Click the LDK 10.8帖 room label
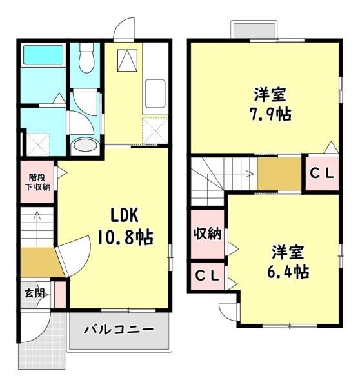coord(125,226)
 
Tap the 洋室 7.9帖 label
coord(270,104)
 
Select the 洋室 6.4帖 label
coord(288,262)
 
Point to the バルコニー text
coord(118,329)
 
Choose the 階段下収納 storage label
coord(37,182)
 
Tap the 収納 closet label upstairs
coord(207,233)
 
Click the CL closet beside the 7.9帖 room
coord(322,174)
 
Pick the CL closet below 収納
coord(207,275)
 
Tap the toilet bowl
coord(86,58)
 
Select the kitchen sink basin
coord(155,94)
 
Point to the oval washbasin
coord(85,145)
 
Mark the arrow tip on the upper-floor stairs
coord(254,174)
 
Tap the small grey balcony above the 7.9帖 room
coord(254,31)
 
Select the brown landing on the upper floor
coord(279,174)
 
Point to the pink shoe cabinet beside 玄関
coord(60,295)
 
